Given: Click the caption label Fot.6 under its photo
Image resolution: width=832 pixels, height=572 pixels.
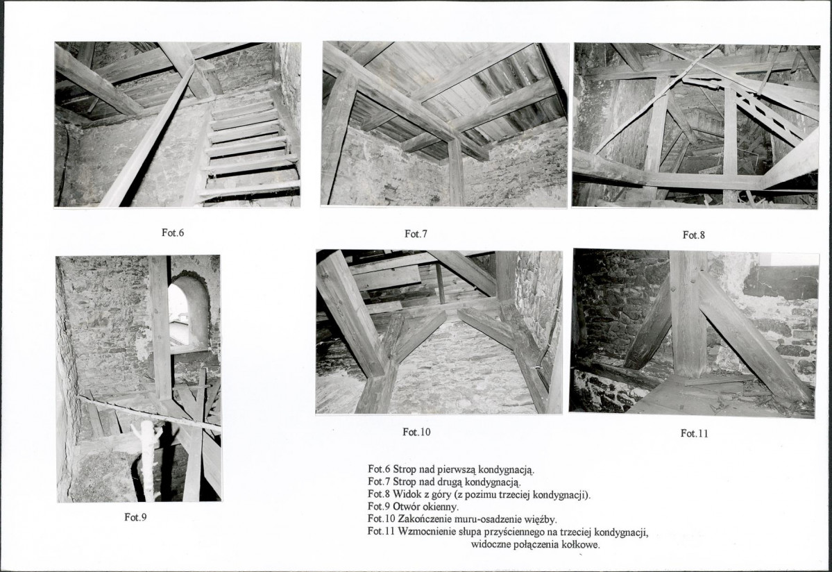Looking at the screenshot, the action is click(x=173, y=233).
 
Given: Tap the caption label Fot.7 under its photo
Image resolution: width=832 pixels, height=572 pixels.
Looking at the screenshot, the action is click(x=416, y=234).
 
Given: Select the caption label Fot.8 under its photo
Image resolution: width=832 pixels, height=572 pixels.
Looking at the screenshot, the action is click(x=693, y=235).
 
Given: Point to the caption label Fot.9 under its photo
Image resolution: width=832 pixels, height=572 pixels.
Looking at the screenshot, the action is click(x=135, y=517).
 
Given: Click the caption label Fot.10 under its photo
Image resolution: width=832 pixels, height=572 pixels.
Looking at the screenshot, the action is click(x=416, y=432).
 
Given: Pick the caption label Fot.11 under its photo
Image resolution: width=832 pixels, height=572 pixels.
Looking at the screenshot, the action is click(x=694, y=433).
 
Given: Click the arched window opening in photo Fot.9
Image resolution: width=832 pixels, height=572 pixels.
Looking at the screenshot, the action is click(x=186, y=315).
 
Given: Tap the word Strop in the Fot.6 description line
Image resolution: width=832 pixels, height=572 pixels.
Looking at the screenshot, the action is click(x=405, y=470).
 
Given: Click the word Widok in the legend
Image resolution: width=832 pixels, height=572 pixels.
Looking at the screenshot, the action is click(x=407, y=495).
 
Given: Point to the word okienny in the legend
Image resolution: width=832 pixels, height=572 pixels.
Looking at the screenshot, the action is click(x=441, y=507).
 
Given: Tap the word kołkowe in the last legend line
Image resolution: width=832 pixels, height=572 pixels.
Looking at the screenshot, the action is click(x=582, y=545).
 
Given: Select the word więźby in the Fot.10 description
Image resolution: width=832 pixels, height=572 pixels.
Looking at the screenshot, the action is click(x=541, y=519).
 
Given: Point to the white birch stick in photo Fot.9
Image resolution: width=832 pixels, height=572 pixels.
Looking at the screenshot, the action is click(x=148, y=460).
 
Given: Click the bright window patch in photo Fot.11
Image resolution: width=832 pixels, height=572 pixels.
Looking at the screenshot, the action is click(x=788, y=260).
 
